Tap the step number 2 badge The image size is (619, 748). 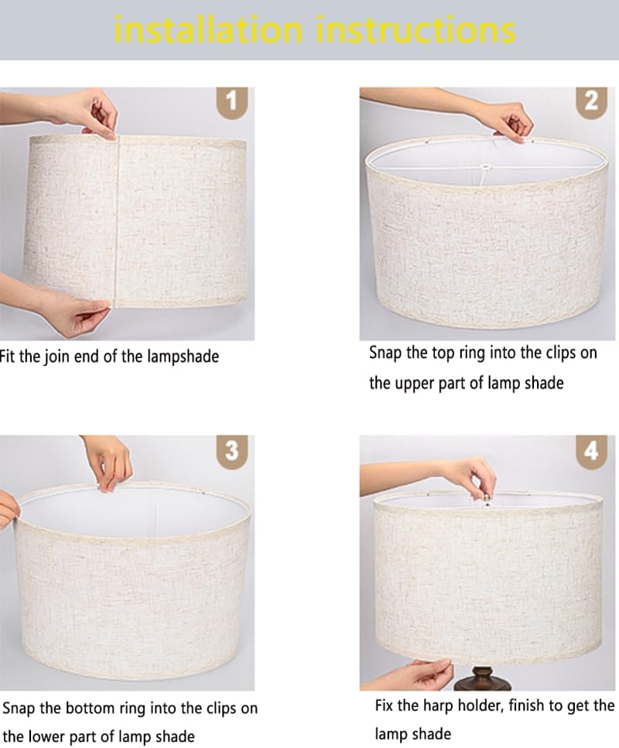[x=592, y=101]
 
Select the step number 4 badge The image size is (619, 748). [x=592, y=450]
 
